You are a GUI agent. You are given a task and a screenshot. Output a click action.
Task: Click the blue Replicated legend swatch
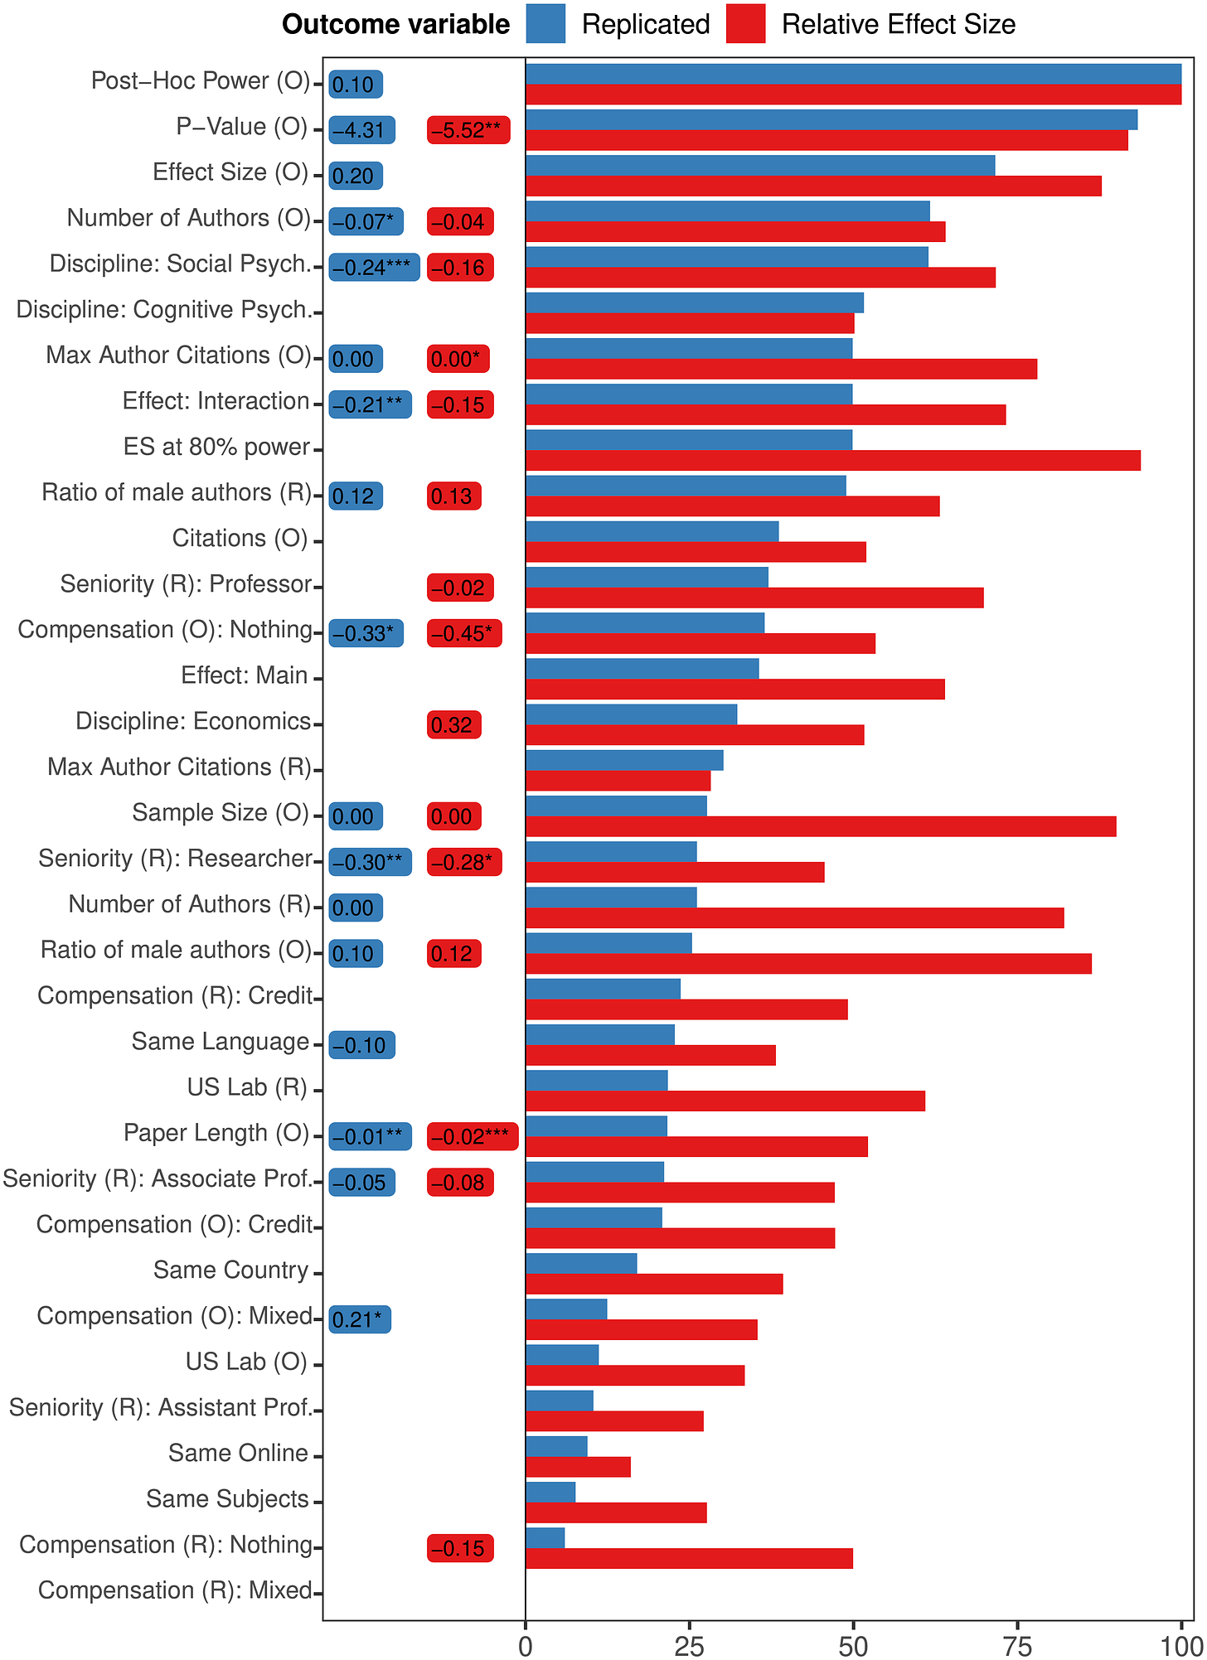[x=545, y=23]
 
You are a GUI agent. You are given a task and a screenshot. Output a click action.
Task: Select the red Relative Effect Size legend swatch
[x=745, y=23]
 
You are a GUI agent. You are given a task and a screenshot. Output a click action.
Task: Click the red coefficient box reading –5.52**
[x=468, y=130]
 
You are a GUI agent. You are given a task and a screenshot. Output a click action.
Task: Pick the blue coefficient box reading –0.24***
[x=374, y=267]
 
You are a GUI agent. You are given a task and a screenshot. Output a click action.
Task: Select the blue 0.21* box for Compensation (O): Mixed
[x=360, y=1319]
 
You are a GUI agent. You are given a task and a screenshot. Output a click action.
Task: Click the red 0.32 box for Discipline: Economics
[x=453, y=725]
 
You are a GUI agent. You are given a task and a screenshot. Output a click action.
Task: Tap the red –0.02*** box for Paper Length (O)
[x=473, y=1137]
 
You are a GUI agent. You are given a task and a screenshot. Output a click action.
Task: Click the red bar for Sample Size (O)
[x=821, y=826]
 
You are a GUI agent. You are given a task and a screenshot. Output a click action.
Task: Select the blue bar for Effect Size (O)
[x=760, y=166]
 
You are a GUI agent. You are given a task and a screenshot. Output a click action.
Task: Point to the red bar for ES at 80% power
[x=833, y=460]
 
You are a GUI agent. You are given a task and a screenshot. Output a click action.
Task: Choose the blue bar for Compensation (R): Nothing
[x=545, y=1537]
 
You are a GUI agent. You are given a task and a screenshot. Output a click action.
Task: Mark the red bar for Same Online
[x=578, y=1467]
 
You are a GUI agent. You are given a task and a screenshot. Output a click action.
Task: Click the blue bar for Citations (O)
[x=652, y=531]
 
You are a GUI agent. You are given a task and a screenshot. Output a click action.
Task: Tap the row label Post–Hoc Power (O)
[x=200, y=81]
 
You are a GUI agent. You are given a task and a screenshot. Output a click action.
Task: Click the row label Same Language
[x=221, y=1042]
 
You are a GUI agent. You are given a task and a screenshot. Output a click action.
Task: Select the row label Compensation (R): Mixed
[x=175, y=1590]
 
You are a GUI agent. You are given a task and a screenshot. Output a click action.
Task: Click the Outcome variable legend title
[x=395, y=25]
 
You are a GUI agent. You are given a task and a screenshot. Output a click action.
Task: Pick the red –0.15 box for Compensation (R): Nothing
[x=460, y=1548]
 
